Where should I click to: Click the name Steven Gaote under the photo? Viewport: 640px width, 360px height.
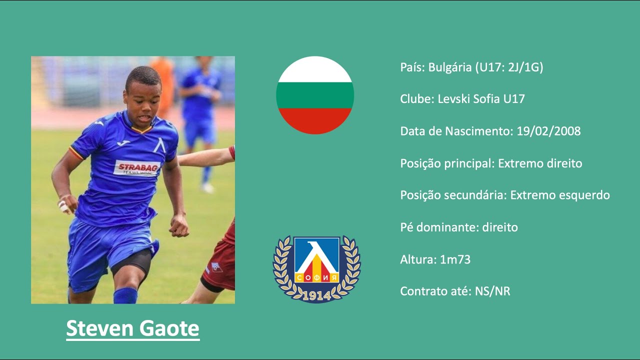coord(132,329)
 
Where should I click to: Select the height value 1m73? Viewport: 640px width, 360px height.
coord(455,259)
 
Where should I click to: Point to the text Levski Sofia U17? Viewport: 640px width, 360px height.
coord(481,99)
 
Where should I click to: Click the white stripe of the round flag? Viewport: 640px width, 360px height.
coord(315,70)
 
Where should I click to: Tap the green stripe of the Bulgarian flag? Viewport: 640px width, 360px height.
coord(315,95)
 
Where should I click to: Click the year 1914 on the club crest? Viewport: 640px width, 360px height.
coord(316,295)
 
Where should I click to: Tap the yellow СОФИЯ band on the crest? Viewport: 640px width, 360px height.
coord(316,276)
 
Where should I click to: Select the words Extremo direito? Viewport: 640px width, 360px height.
coord(540,163)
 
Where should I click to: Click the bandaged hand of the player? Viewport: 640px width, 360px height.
coord(64,205)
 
